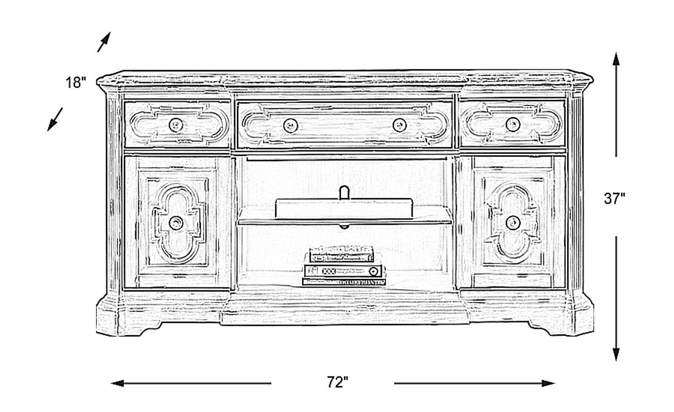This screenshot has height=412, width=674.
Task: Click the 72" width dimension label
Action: (335, 383)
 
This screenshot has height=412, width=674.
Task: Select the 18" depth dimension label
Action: (76, 83)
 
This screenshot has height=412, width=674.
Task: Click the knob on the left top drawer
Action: (176, 124)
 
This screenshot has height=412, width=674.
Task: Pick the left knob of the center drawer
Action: (291, 125)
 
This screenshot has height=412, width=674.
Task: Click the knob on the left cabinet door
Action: (176, 223)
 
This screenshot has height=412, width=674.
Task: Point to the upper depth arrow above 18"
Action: (104, 42)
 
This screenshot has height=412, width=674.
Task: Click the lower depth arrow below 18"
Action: (55, 120)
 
